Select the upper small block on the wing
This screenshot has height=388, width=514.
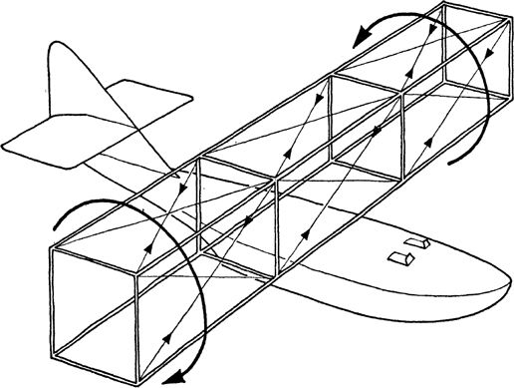[417, 243]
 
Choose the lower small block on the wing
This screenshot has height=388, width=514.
[400, 259]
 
